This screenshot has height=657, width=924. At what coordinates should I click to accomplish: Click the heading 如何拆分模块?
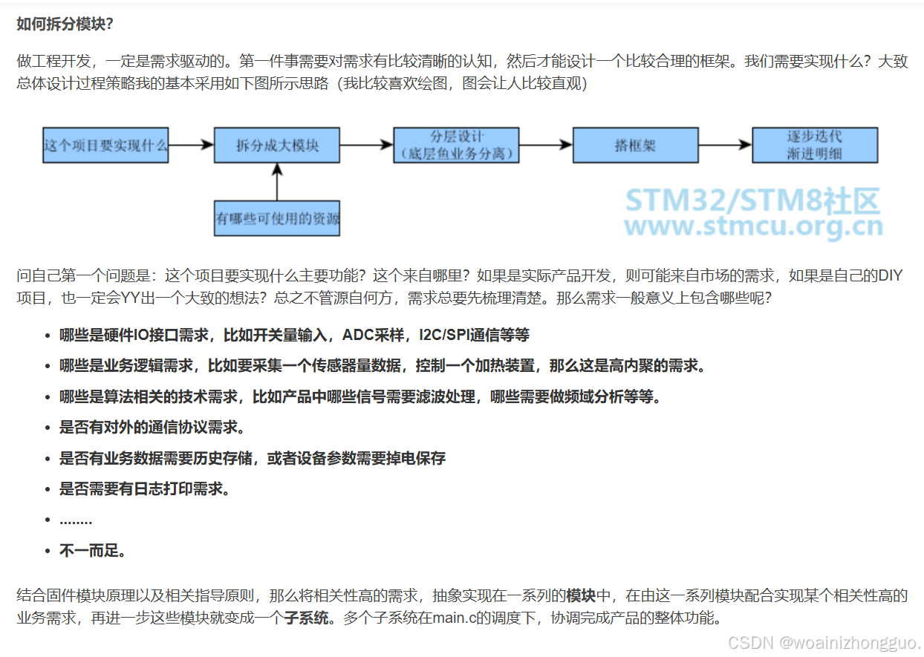pos(65,24)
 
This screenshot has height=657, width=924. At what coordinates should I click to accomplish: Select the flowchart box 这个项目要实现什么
pos(105,146)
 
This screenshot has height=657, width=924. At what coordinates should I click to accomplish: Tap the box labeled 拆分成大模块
pos(277,146)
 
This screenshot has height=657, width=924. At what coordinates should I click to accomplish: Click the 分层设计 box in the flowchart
pos(456,145)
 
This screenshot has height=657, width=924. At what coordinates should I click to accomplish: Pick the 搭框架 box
pos(635,146)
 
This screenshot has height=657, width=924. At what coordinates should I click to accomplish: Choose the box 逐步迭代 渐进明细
pos(814,145)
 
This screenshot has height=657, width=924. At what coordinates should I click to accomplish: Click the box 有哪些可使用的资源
pos(277,219)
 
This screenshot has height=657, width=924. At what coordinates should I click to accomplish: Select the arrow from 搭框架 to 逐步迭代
pos(725,146)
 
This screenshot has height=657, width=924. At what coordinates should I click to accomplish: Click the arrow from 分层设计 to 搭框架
pos(546,146)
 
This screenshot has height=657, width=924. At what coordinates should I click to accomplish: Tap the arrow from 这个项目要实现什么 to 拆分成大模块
pos(191,146)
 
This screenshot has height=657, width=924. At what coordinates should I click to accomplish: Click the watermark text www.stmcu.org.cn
pos(753,226)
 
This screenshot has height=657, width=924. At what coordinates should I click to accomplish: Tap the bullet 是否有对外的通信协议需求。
pos(152,428)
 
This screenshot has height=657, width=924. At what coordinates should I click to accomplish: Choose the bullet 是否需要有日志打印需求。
pos(145,488)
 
